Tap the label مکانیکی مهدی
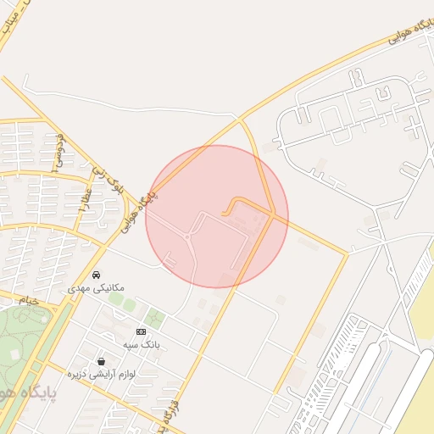[96, 288]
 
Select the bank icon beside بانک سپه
[141, 331]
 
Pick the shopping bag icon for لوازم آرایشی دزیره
[102, 362]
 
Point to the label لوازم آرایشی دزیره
[103, 375]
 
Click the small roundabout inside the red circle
[186, 238]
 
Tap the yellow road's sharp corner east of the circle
[347, 253]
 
